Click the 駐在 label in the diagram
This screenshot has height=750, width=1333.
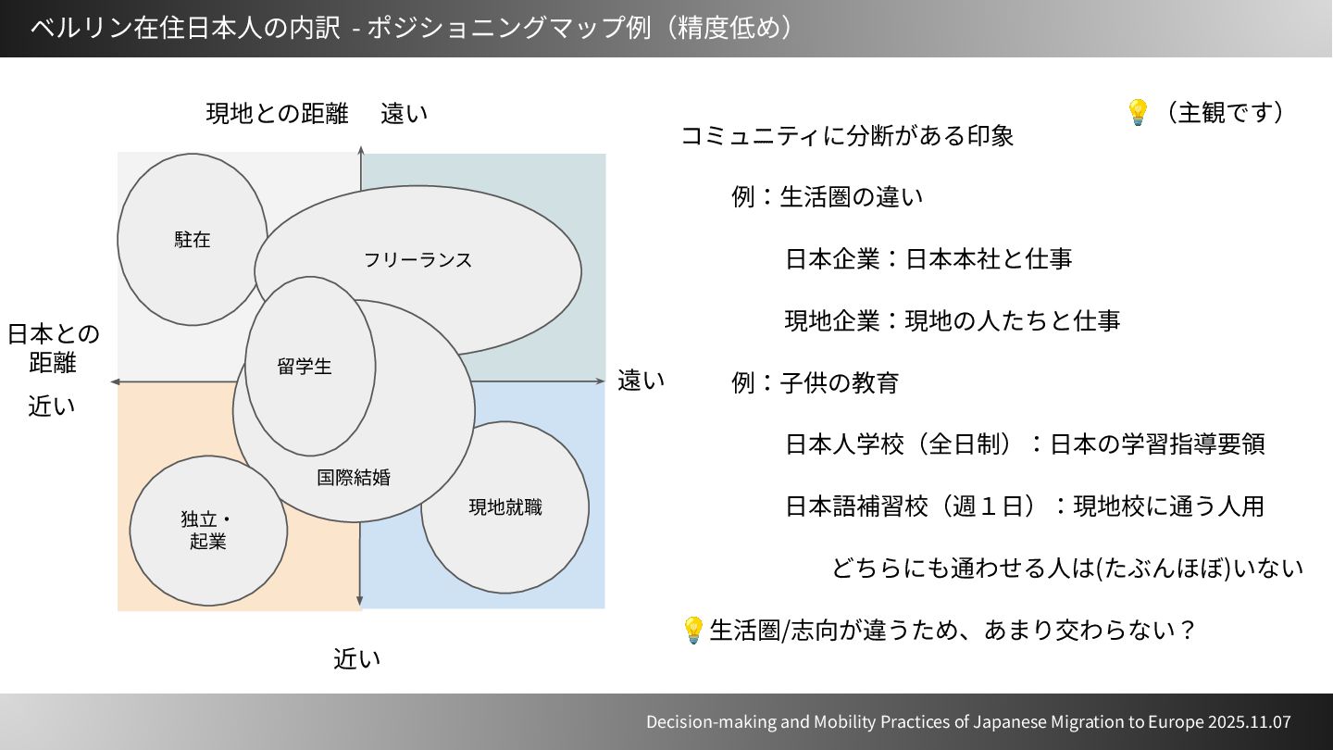[193, 240]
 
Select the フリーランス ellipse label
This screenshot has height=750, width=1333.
[417, 259]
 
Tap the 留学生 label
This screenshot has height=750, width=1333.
[305, 367]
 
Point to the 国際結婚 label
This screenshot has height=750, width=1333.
[354, 478]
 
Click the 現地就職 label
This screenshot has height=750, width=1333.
[505, 507]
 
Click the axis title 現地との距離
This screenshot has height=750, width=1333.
[277, 114]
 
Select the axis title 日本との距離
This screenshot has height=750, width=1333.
[53, 347]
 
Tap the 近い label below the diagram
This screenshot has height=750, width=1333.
[357, 659]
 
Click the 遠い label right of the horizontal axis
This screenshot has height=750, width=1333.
[641, 381]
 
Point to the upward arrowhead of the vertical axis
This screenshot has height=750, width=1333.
[361, 150]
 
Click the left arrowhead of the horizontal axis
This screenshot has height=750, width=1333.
[114, 381]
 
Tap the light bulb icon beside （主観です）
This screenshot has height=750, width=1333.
[1137, 113]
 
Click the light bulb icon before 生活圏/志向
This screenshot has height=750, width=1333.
[692, 631]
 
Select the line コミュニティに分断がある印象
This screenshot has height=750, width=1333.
[847, 136]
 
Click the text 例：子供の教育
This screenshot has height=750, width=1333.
[815, 382]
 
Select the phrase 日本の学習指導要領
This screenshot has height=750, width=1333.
[1157, 444]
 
